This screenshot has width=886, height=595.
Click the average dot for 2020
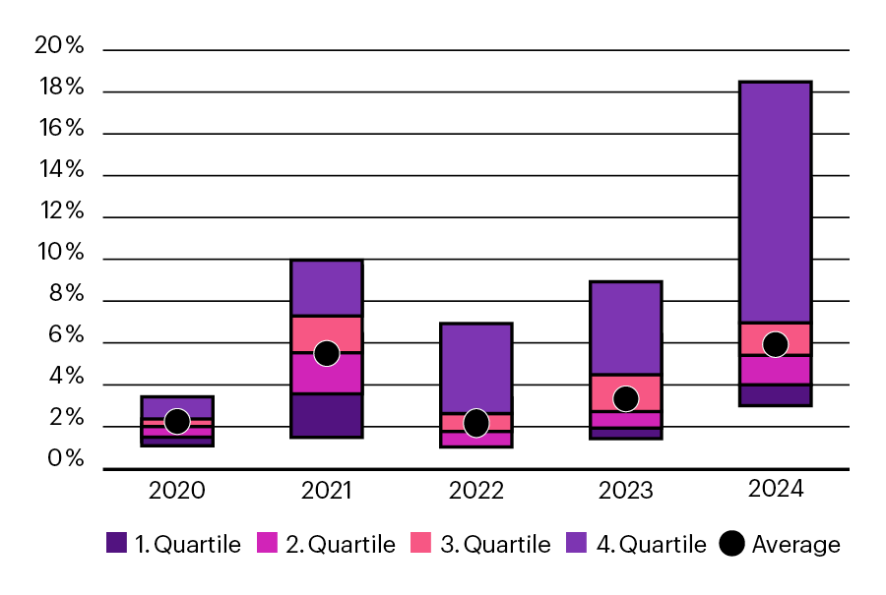(177, 421)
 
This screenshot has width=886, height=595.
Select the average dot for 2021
(327, 353)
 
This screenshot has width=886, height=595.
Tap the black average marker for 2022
(476, 423)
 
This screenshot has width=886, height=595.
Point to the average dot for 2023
(626, 398)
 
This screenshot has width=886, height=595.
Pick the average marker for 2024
(776, 344)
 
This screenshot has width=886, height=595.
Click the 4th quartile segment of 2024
(776, 202)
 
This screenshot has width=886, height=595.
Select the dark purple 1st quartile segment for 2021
(327, 415)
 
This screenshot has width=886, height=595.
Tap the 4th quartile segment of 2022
(476, 368)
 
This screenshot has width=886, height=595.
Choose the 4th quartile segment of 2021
(327, 288)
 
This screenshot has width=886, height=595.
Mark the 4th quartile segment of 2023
(626, 327)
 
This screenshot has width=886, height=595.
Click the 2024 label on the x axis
(776, 489)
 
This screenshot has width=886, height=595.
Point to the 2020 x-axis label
(177, 489)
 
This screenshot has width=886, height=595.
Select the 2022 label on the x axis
(476, 489)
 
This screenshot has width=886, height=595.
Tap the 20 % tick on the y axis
(59, 45)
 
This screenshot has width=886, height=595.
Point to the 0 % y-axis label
(59, 460)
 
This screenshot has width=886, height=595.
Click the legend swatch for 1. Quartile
(116, 544)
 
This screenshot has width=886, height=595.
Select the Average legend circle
(731, 544)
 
